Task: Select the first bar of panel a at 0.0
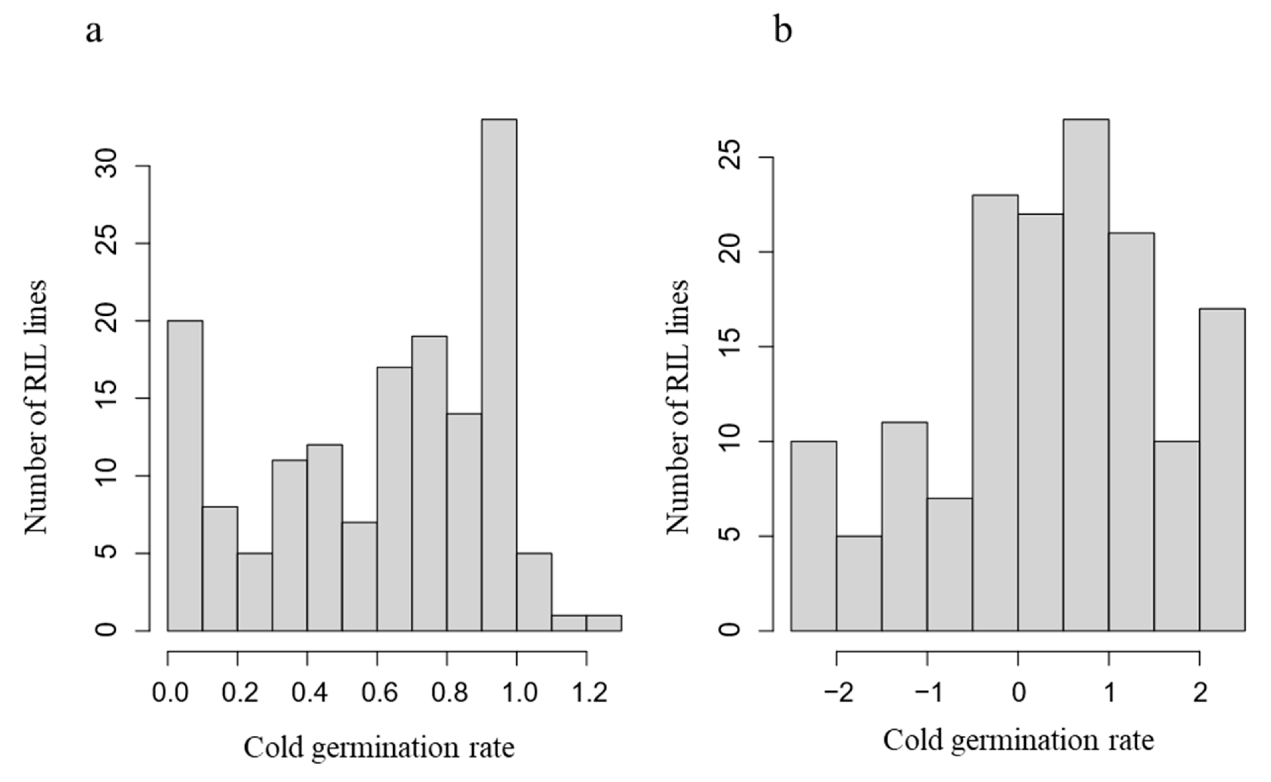[185, 476]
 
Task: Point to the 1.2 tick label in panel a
[588, 692]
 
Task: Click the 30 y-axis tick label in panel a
[109, 166]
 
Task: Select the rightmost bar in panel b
[1222, 470]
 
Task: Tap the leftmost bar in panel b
[813, 536]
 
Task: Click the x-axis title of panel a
[379, 748]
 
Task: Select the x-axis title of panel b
[1018, 740]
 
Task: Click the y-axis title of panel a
[36, 406]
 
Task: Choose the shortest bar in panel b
[859, 583]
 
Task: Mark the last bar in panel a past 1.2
[604, 623]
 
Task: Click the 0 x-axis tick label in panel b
[1018, 692]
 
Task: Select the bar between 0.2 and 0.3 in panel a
[255, 592]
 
